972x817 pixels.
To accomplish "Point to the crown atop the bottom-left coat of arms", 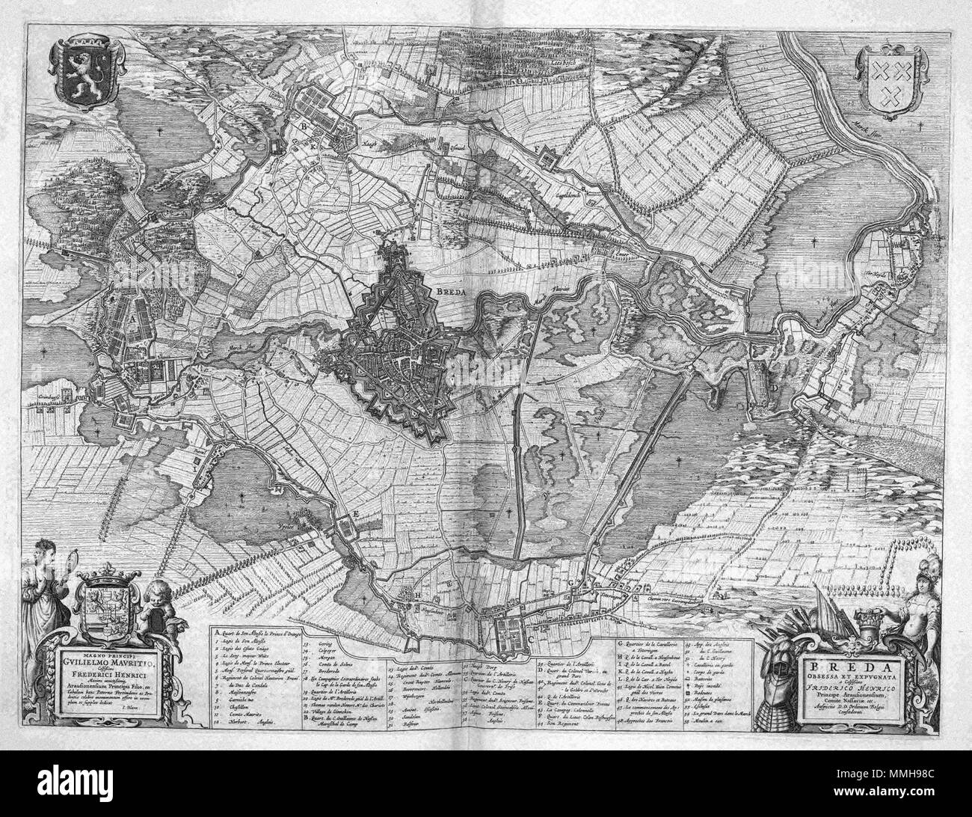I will pos(108,577).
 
